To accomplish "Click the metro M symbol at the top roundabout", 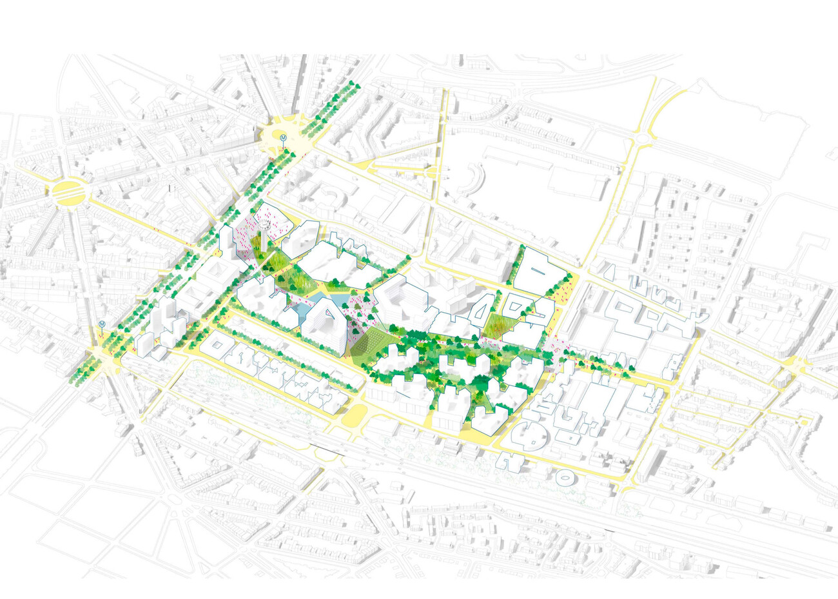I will coord(282,137).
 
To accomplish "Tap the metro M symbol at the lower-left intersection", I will coord(101,324).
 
